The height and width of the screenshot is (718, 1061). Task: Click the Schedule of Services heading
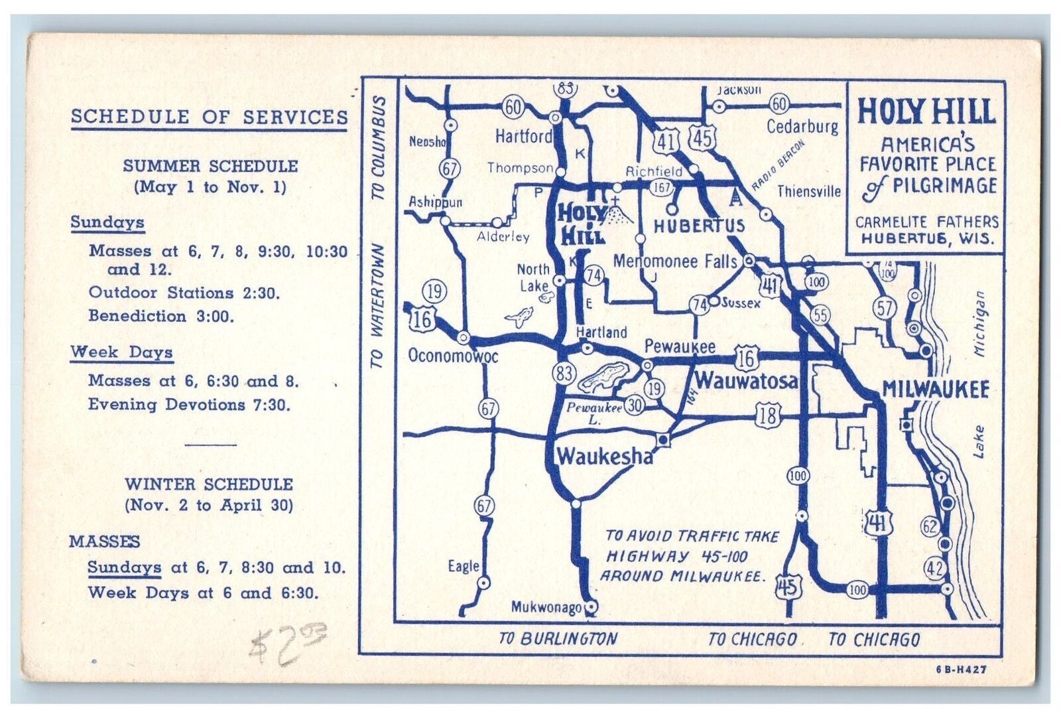coord(209,117)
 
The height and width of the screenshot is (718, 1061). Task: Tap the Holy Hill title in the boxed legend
coord(926,111)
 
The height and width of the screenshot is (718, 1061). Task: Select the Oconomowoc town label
coord(453,356)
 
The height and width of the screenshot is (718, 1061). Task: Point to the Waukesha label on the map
coord(604,456)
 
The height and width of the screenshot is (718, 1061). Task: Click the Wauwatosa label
coord(746,381)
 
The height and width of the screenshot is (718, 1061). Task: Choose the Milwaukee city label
coord(935,389)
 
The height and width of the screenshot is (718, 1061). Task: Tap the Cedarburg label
coord(802,125)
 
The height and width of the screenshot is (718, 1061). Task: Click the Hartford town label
coord(523,136)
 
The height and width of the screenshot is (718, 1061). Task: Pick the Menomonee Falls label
coord(674,261)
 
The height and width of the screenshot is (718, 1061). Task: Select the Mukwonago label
coord(546,607)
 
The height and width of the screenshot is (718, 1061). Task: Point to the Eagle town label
coord(463,566)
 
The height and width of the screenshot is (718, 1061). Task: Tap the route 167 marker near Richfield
coord(662,187)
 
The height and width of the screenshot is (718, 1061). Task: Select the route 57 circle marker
coord(885,307)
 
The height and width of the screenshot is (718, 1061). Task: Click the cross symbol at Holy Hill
coord(615,200)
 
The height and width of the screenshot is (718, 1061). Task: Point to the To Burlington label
coord(558,638)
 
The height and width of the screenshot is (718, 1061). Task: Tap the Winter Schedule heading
coord(209,484)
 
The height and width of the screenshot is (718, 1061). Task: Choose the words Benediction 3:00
coord(161,316)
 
